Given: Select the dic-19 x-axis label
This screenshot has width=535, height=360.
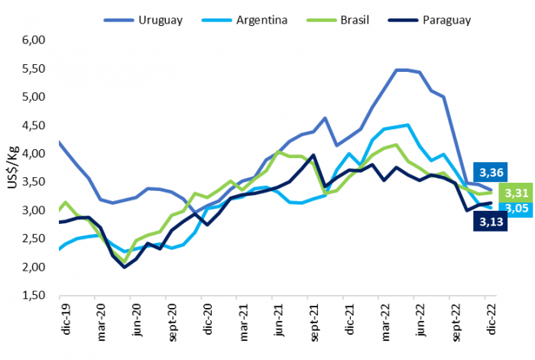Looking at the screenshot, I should click(64, 320).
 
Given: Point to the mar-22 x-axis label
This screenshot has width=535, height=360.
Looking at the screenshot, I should click(385, 321).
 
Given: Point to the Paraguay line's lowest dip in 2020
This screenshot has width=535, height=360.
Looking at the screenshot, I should click(125, 267).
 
